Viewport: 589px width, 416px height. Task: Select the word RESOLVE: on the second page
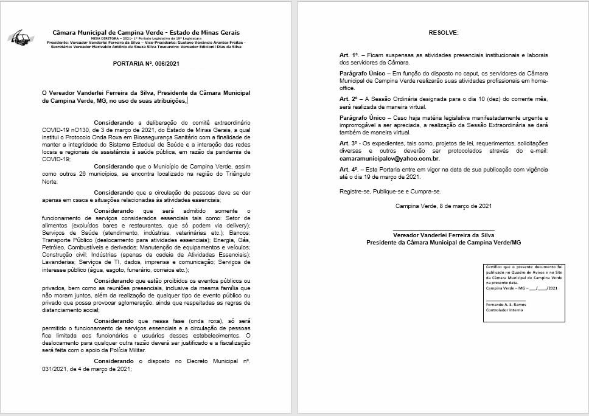[x=442, y=32]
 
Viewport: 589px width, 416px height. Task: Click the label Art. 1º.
[x=349, y=55]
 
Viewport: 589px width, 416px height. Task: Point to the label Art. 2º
[x=349, y=98]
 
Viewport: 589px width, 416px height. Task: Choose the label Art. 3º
[x=349, y=142]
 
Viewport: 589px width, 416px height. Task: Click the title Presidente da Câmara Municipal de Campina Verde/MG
[x=443, y=242]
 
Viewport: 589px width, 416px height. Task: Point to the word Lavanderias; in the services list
[x=60, y=262]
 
